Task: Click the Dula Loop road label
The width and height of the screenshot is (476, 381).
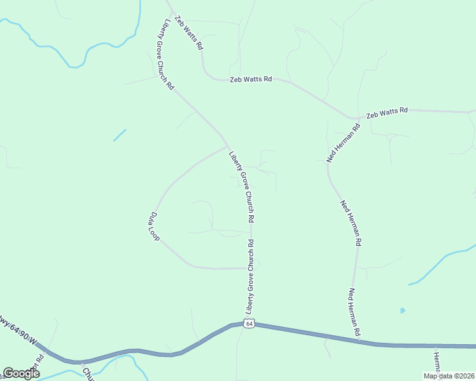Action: (154, 225)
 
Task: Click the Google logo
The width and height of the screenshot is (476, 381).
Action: (21, 373)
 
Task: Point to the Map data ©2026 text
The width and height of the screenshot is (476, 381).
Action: (448, 376)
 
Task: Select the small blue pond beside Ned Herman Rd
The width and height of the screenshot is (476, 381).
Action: (402, 311)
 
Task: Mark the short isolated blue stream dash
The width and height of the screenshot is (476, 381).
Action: (120, 135)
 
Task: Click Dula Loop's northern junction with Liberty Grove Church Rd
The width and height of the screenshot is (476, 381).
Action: (227, 147)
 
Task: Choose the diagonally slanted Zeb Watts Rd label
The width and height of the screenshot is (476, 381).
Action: (189, 33)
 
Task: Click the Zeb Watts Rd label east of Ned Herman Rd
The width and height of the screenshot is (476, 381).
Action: (387, 112)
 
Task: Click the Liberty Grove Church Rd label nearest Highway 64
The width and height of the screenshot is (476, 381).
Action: (251, 276)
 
